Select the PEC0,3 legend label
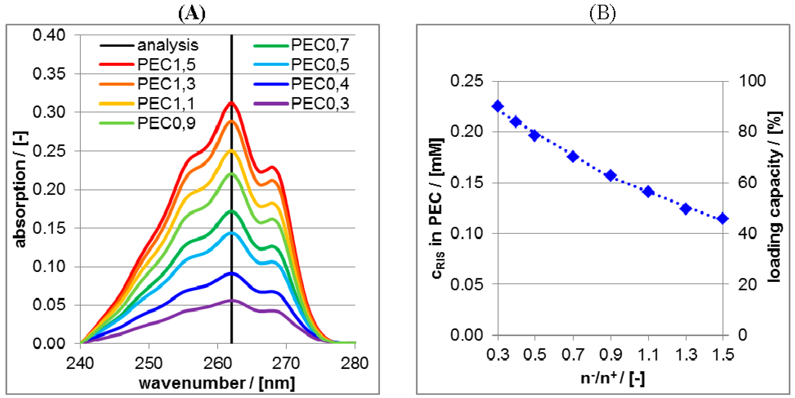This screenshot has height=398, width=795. [320, 103]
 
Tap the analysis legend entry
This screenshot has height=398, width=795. [167, 45]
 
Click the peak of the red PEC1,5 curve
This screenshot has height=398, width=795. [231, 103]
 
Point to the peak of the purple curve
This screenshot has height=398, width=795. [231, 300]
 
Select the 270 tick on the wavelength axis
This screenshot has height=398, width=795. [286, 363]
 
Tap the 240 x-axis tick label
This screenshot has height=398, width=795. [80, 363]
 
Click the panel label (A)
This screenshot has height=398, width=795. [192, 13]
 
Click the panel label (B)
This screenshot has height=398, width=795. [602, 13]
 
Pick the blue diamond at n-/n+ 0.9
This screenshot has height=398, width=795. [610, 175]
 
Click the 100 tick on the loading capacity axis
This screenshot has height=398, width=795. [752, 81]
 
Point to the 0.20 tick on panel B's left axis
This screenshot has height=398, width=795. [466, 131]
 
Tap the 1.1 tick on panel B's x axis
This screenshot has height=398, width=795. [648, 354]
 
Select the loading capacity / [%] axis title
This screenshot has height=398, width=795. [775, 197]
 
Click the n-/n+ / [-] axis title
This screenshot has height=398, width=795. [613, 378]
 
